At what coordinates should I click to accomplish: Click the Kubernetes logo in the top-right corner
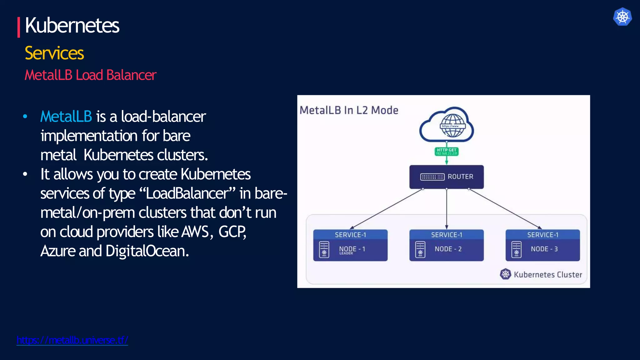[622, 17]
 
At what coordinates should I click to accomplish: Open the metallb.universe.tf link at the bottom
[72, 340]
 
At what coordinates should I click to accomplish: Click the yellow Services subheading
[54, 53]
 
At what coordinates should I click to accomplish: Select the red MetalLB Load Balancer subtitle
[90, 75]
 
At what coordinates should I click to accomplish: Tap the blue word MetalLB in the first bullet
[66, 117]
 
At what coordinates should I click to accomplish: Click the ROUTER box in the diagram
[446, 177]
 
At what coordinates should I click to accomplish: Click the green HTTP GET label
[447, 152]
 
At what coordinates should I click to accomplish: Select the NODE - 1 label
[352, 249]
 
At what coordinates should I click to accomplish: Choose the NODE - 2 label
[448, 249]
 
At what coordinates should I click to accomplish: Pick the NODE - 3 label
[544, 249]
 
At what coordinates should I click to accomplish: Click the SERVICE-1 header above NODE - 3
[542, 235]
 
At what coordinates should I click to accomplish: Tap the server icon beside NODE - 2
[420, 249]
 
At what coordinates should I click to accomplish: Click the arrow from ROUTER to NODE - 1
[387, 209]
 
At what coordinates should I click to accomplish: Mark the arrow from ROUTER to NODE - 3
[505, 209]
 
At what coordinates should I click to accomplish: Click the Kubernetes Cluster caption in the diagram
[547, 275]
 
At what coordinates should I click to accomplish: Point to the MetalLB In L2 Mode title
[349, 110]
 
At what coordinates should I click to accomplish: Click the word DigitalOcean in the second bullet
[147, 251]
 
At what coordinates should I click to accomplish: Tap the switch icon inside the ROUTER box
[432, 177]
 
